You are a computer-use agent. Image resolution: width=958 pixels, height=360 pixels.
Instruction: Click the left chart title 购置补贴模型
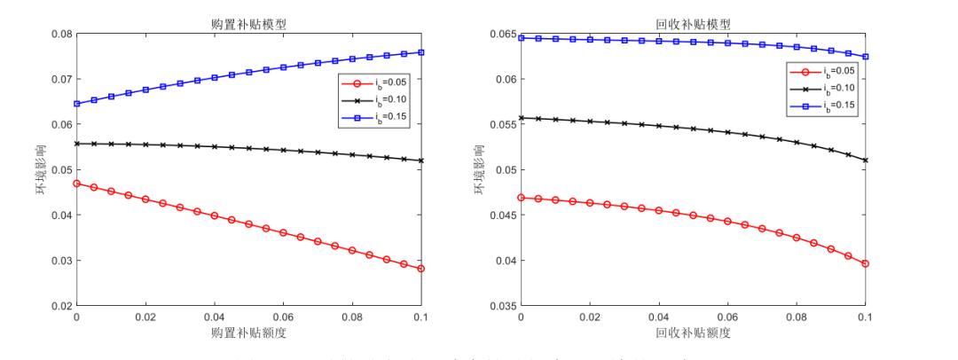(x=248, y=24)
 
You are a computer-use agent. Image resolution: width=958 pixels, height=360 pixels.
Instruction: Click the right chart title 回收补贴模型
(x=693, y=24)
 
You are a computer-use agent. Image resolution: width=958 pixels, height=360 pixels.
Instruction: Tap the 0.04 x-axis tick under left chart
(x=215, y=317)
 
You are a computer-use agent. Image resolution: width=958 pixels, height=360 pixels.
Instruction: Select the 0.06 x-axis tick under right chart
(x=728, y=317)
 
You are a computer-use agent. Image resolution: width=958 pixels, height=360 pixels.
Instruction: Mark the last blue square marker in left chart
(x=421, y=52)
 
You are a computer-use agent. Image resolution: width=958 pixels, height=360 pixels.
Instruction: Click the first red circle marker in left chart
(x=76, y=184)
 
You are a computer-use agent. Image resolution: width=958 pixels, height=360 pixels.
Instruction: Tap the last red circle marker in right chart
(x=866, y=263)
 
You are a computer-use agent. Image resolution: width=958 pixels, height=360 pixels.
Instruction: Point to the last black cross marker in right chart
(x=866, y=160)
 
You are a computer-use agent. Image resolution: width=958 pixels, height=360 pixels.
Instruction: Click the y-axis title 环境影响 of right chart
(x=483, y=170)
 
